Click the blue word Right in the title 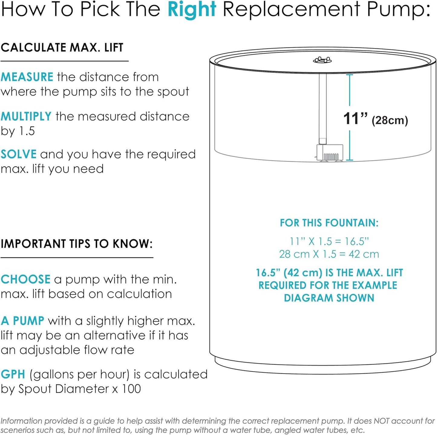[192, 10]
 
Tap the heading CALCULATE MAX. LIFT [62, 47]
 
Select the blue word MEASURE [27, 77]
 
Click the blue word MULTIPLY [26, 116]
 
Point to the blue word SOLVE [18, 154]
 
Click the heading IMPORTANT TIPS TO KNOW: [77, 244]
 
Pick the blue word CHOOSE [25, 279]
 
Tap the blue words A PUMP [22, 321]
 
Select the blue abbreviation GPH [13, 374]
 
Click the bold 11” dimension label [355, 119]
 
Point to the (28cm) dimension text [390, 120]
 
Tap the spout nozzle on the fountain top [322, 60]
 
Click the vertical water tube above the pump [323, 109]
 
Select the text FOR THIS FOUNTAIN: [329, 223]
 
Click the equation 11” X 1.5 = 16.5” [329, 241]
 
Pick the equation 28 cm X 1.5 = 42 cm [329, 254]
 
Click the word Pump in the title [399, 10]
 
